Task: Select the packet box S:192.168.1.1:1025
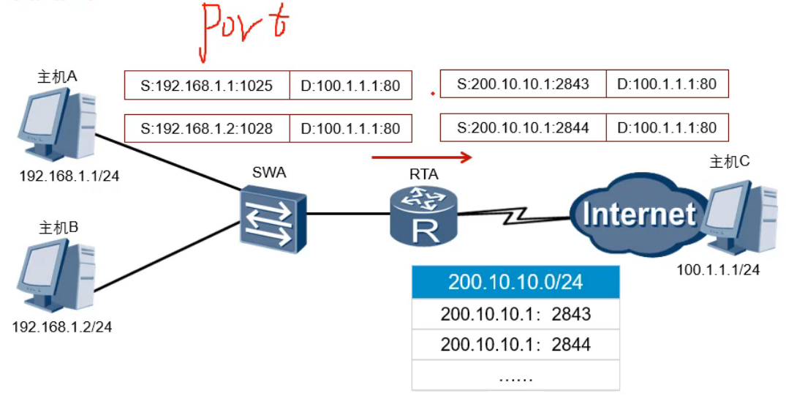point(207,86)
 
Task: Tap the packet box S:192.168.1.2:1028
point(207,128)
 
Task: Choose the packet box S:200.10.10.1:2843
point(523,84)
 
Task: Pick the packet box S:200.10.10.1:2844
point(523,127)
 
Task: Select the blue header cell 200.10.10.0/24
point(515,283)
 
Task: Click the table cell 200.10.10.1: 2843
point(515,314)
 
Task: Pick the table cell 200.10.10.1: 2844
point(515,344)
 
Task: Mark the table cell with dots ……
point(515,376)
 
